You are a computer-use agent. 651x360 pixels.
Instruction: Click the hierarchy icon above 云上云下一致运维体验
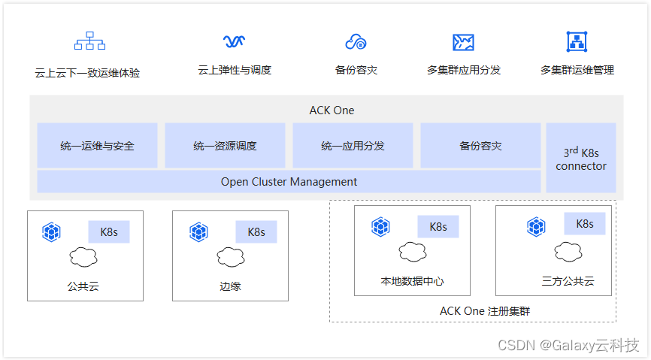[89, 41]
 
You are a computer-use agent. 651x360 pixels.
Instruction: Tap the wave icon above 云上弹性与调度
[235, 41]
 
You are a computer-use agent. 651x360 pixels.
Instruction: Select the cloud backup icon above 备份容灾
[356, 41]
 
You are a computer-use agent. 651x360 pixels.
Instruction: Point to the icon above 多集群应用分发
[463, 42]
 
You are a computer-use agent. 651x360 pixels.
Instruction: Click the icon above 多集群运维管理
[577, 41]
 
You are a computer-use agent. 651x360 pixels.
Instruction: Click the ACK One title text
[332, 110]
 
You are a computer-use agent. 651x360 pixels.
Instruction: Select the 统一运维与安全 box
[97, 146]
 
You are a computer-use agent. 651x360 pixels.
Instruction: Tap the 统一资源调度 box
[225, 146]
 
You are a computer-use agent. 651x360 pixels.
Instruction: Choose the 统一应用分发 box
[353, 146]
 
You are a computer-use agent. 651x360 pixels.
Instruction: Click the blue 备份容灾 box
[480, 146]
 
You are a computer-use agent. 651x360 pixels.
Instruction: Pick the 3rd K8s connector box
[580, 159]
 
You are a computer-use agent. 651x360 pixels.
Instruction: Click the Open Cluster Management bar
[289, 182]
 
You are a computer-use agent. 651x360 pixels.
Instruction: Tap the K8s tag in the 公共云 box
[109, 232]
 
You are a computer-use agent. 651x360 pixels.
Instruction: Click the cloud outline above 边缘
[231, 257]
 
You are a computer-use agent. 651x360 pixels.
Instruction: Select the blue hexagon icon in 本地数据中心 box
[380, 226]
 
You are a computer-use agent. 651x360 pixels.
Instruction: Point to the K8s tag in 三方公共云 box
[584, 224]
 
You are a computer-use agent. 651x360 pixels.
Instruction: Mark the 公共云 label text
[83, 286]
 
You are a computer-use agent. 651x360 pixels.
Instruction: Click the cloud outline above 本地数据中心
[413, 253]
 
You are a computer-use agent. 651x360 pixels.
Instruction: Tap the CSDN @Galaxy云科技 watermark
[568, 345]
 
